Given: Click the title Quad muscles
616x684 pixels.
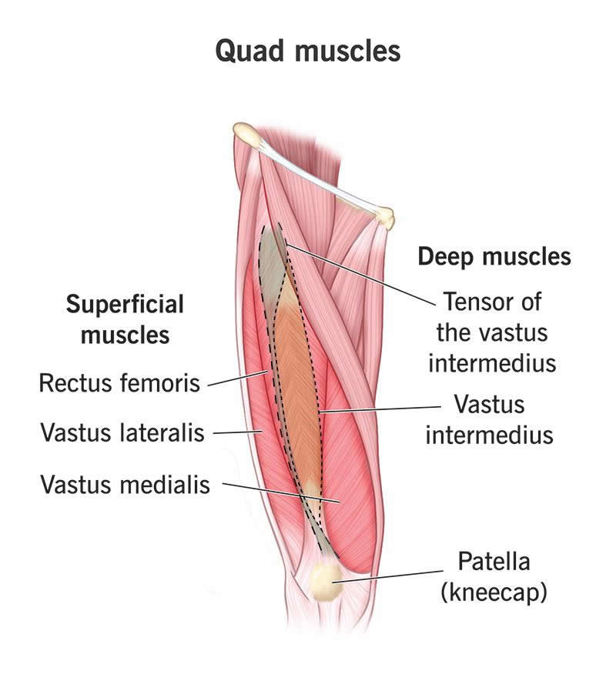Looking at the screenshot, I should pos(308,51).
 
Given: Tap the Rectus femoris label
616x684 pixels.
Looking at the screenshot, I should pos(119,382).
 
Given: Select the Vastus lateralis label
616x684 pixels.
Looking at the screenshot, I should pos(122,432).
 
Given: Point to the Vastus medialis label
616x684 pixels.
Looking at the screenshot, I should pos(125,484).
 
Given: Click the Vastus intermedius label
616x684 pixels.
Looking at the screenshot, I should pos(489,419).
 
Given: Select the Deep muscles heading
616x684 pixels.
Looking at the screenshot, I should pos(494,256).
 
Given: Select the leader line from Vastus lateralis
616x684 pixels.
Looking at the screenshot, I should pos(235,432).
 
